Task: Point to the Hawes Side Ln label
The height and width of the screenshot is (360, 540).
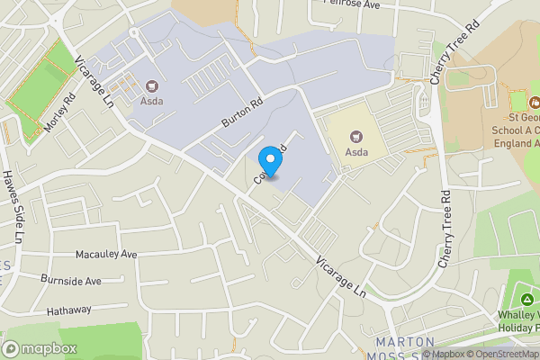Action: [x=13, y=208]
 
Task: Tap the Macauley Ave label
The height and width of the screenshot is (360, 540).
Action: [x=106, y=255]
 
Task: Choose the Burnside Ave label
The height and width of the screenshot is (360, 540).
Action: [x=71, y=281]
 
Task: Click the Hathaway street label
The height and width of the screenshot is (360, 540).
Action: [x=69, y=310]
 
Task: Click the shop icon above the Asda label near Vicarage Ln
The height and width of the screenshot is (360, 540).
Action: [x=150, y=87]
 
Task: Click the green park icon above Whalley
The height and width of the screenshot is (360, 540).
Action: [x=526, y=299]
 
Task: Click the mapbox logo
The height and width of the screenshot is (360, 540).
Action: [x=39, y=348]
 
